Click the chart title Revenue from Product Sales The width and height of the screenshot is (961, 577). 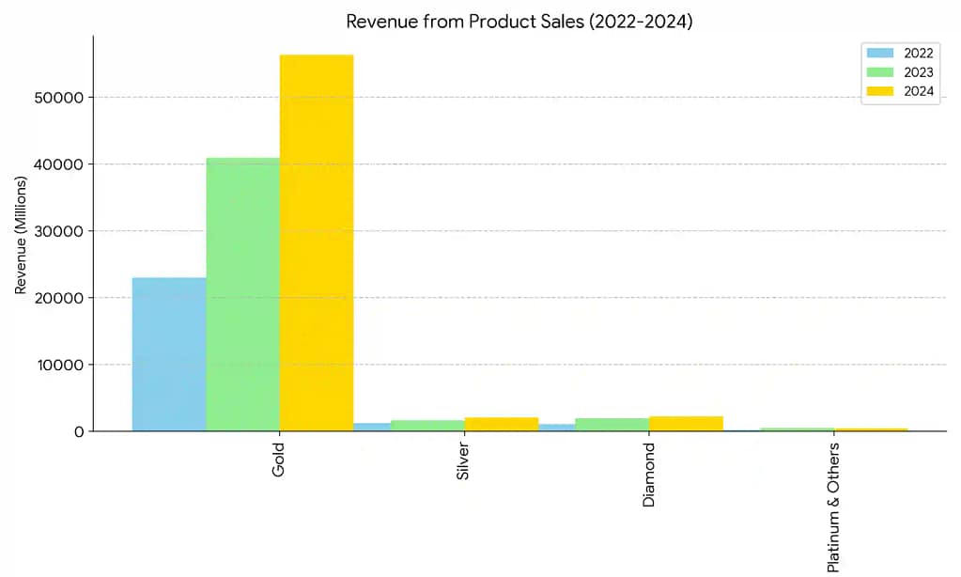coord(519,21)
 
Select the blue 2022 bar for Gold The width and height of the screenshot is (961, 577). coord(169,354)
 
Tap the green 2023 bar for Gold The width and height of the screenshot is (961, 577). coord(242,294)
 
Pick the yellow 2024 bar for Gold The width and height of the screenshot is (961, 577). coord(317,242)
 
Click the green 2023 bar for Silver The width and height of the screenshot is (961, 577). coord(427,426)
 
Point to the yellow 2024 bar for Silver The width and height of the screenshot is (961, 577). coord(502,424)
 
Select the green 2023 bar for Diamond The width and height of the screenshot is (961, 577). coord(612,425)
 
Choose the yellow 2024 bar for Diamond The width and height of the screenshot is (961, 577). coord(686,424)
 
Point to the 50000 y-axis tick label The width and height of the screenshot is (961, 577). coord(59,98)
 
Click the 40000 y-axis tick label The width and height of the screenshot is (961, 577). coord(59,164)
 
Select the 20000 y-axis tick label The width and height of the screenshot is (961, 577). coord(59,298)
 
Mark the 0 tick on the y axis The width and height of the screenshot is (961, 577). coord(79,431)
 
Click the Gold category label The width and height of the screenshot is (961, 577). coord(279,460)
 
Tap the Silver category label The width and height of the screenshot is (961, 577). coord(463,462)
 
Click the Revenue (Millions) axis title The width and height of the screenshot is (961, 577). coord(21,235)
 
